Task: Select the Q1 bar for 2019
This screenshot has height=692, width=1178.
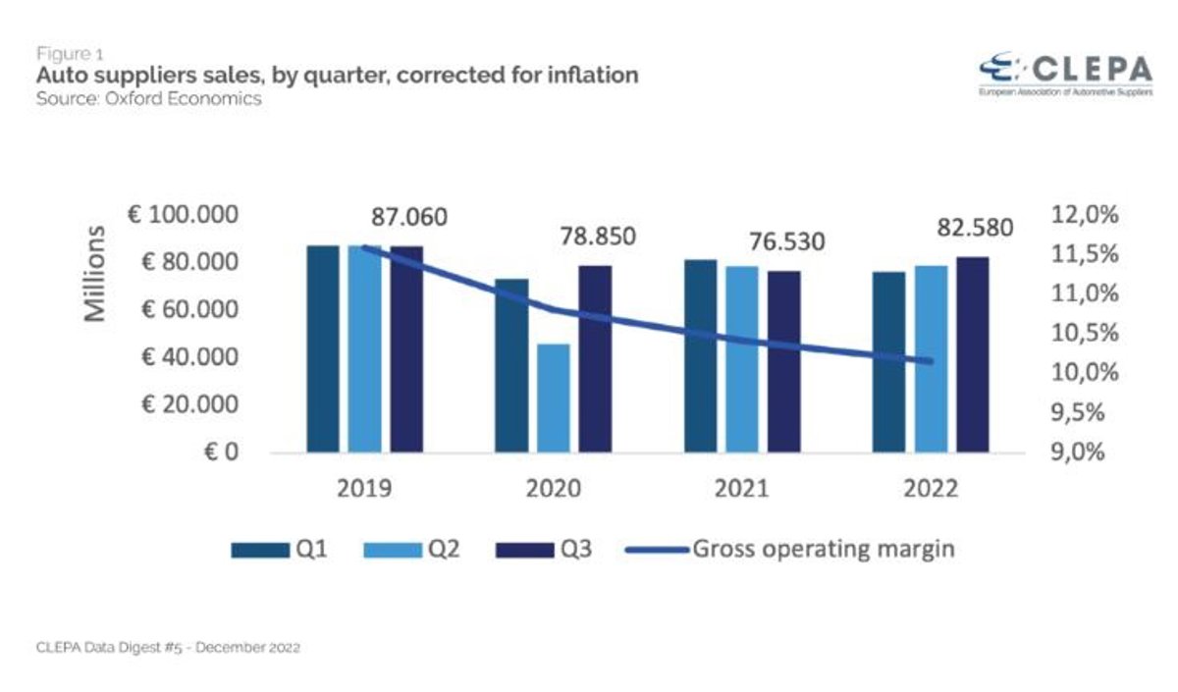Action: pyautogui.click(x=322, y=348)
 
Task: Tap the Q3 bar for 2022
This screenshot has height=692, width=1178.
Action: pyautogui.click(x=972, y=354)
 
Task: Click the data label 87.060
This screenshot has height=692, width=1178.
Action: pyautogui.click(x=409, y=217)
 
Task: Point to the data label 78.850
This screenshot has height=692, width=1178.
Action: pyautogui.click(x=597, y=237)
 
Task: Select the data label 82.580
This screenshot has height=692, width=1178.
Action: pyautogui.click(x=974, y=228)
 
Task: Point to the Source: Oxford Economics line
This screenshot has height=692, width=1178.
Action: pyautogui.click(x=149, y=99)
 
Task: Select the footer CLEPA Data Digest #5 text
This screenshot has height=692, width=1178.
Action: pyautogui.click(x=168, y=649)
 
